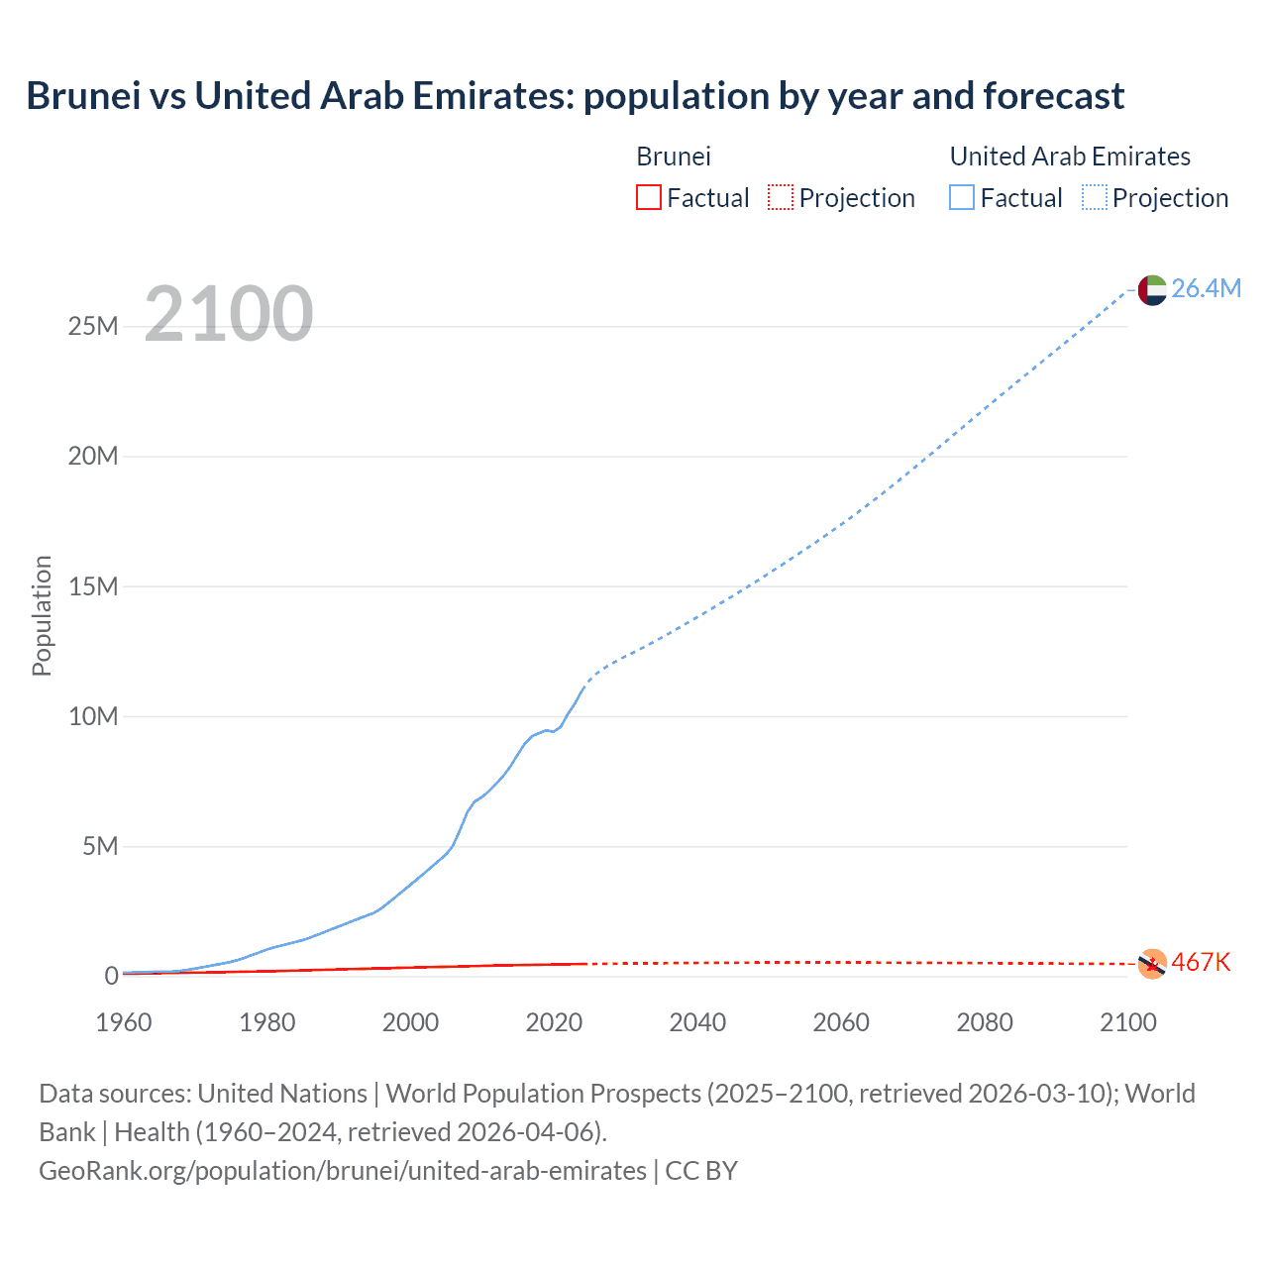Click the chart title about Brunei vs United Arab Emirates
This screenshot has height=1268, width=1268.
(575, 96)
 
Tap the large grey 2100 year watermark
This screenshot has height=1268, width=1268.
(229, 314)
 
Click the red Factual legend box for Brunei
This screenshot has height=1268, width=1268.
(648, 197)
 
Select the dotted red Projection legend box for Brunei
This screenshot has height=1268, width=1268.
(781, 197)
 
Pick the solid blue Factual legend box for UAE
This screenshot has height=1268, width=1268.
(961, 197)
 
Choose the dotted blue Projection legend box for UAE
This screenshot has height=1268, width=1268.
(1095, 197)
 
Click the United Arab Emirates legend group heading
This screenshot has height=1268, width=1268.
(1070, 157)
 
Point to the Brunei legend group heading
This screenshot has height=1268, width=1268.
(674, 157)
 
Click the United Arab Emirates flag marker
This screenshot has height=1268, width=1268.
(1152, 289)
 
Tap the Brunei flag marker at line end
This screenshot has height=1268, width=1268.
(1152, 963)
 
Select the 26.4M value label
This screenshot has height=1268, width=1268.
(1206, 288)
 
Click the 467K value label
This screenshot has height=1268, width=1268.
(1201, 962)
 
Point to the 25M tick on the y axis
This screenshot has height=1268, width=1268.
(93, 326)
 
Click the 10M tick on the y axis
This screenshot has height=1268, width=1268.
(93, 716)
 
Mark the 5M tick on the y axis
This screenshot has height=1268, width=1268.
(100, 846)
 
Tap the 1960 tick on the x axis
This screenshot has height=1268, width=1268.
(124, 1022)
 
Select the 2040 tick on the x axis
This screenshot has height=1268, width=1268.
(697, 1022)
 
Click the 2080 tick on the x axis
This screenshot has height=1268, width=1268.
(985, 1022)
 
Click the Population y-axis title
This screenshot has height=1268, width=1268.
(42, 615)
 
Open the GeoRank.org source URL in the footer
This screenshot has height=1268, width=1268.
(342, 1170)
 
